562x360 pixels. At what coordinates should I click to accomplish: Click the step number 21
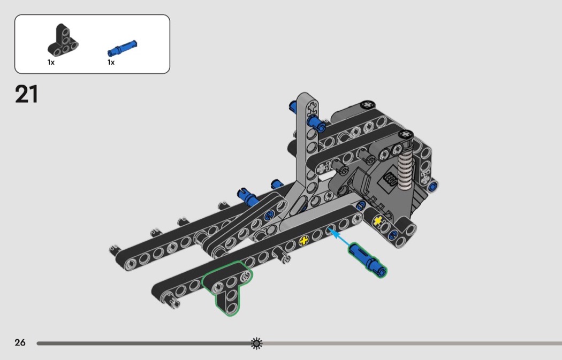click(x=27, y=95)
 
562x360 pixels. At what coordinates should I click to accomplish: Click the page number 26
click(x=20, y=342)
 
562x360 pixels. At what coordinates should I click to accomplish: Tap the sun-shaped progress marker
click(x=256, y=343)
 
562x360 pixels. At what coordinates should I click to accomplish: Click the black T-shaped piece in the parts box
click(x=63, y=41)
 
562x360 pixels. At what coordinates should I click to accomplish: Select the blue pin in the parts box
click(x=122, y=48)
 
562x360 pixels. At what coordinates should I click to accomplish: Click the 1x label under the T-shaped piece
click(x=51, y=63)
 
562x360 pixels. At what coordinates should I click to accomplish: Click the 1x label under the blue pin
click(x=111, y=63)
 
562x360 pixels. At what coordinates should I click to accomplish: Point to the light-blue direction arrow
click(x=340, y=238)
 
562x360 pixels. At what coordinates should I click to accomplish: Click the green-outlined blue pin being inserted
click(x=367, y=259)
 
